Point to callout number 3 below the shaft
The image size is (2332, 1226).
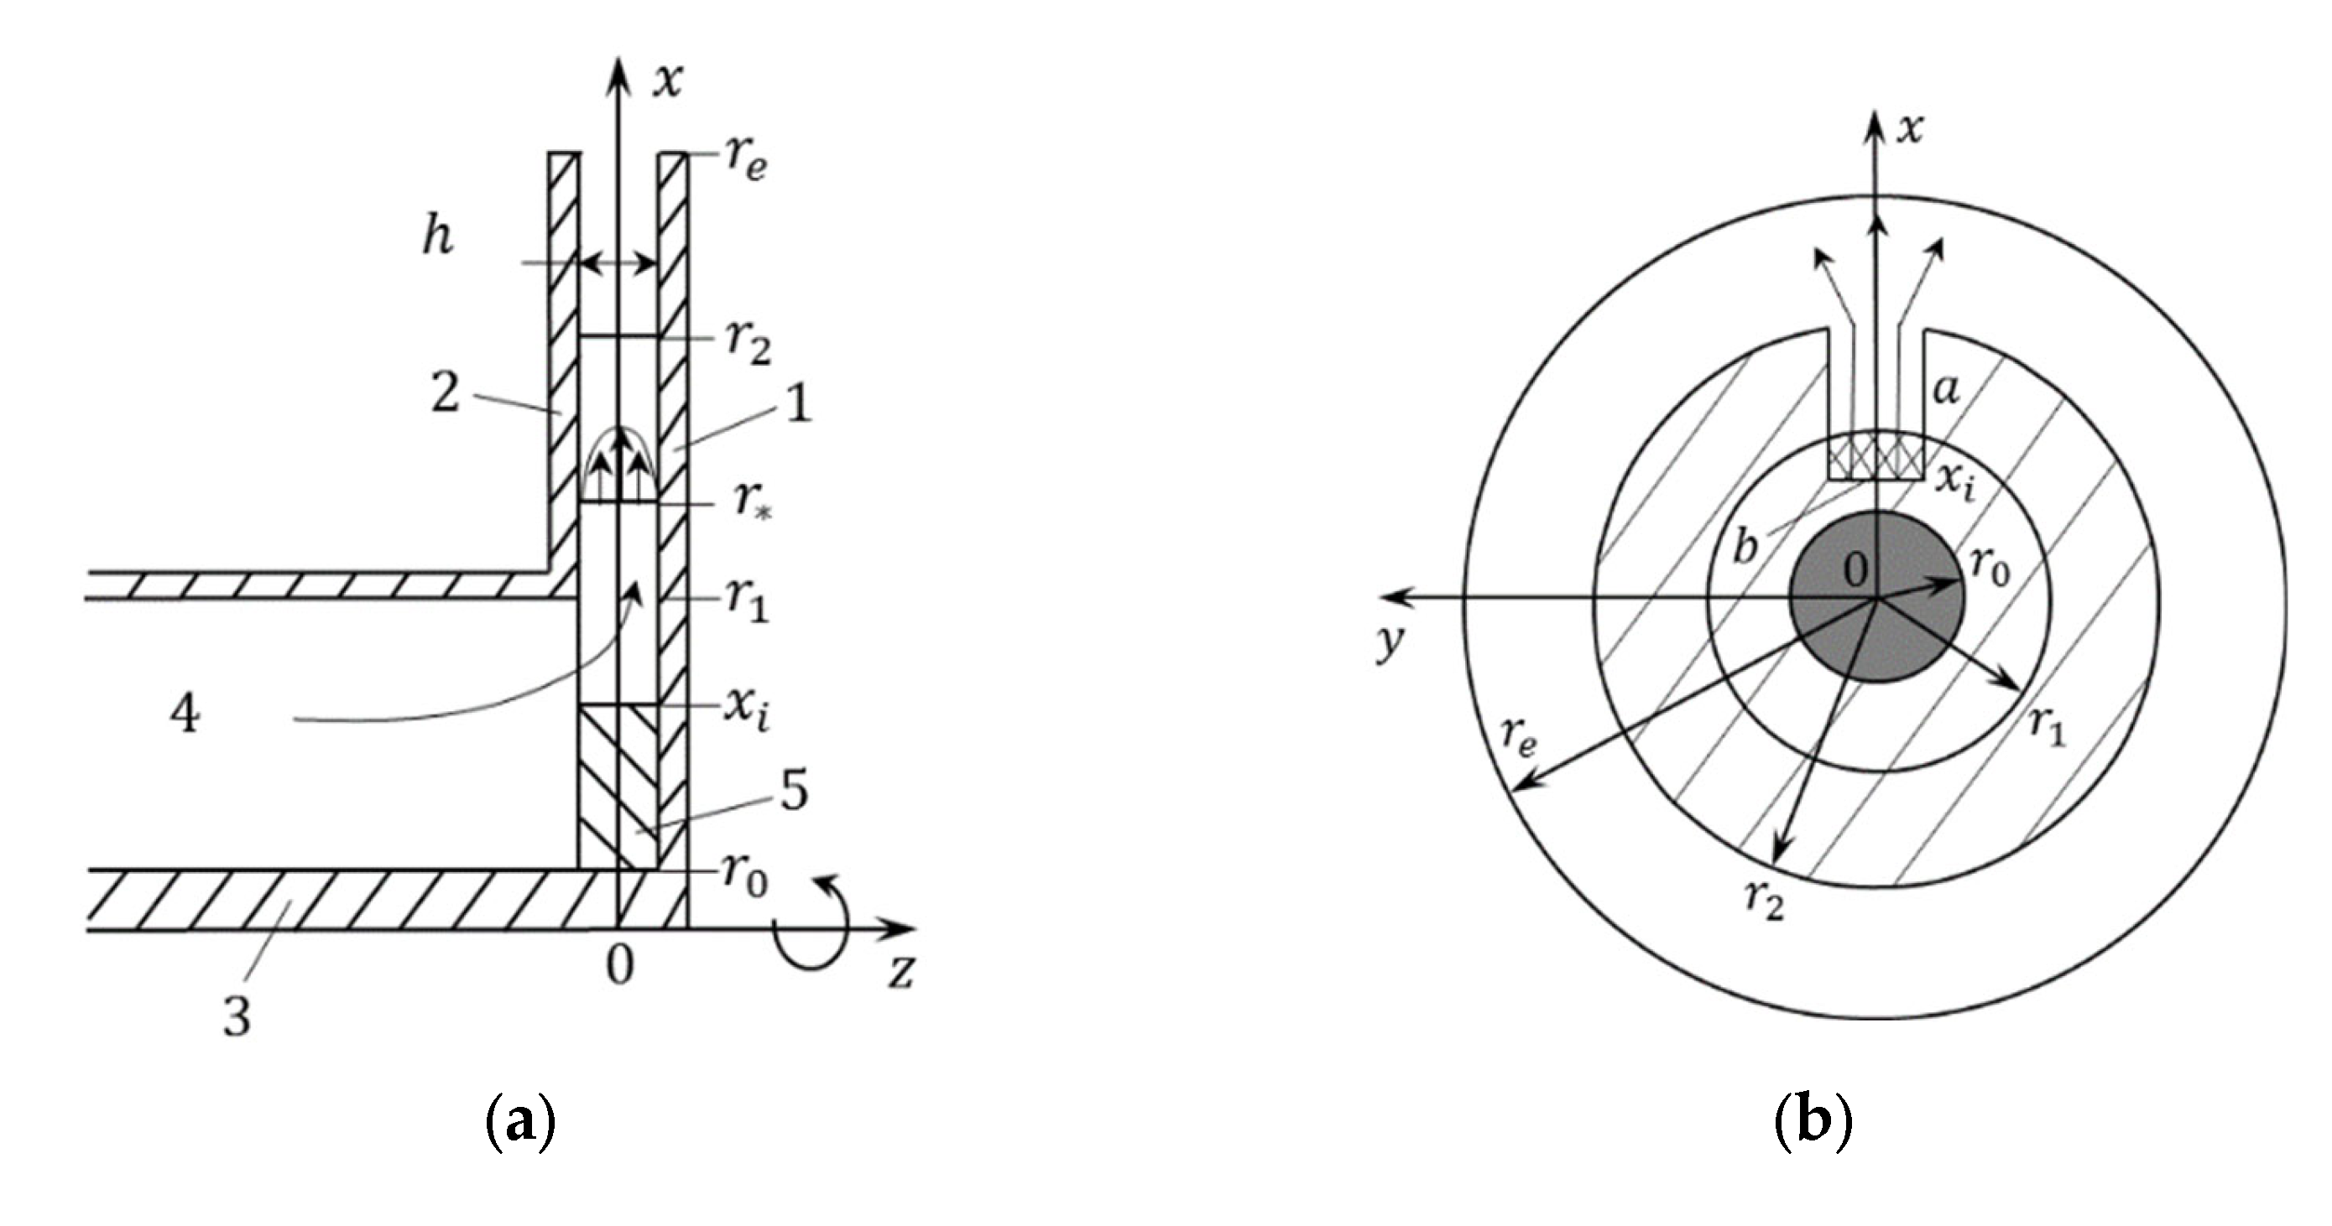coord(237,1017)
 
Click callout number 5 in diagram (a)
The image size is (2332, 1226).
coord(794,792)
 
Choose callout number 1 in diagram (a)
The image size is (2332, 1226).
coord(797,404)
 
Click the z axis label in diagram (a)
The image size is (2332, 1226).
coord(900,973)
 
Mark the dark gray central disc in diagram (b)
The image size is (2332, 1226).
coord(1876,597)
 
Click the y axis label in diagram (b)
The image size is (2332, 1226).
coord(1390,642)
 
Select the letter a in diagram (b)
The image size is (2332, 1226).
coord(1945,390)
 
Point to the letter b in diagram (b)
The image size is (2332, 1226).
coord(1745,548)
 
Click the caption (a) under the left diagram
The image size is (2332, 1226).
coord(519,1124)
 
